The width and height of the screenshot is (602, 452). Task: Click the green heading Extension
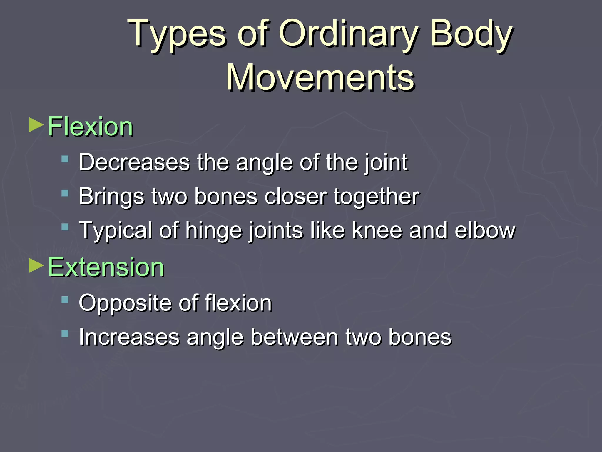click(106, 267)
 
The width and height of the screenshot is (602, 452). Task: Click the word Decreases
click(134, 162)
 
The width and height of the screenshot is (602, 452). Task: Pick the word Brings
click(111, 197)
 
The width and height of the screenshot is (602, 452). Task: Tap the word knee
click(377, 230)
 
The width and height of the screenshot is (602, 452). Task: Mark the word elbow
click(485, 230)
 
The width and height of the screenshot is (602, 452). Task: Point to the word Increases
click(129, 337)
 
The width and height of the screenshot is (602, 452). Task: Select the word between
click(295, 337)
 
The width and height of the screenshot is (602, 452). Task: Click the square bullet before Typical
click(65, 227)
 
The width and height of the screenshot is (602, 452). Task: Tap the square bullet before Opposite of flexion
click(65, 300)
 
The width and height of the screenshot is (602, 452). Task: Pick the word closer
click(295, 197)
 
